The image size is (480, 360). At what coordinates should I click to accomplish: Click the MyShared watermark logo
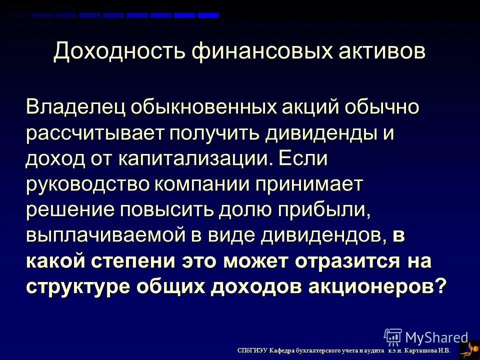(x=425, y=337)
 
